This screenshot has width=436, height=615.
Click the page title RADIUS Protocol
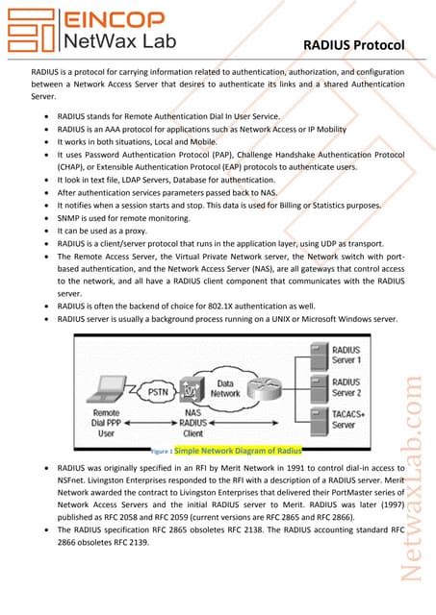coord(352,45)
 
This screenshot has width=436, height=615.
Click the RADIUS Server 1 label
coord(346,355)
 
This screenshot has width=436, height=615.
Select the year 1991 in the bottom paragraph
coord(290,466)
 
